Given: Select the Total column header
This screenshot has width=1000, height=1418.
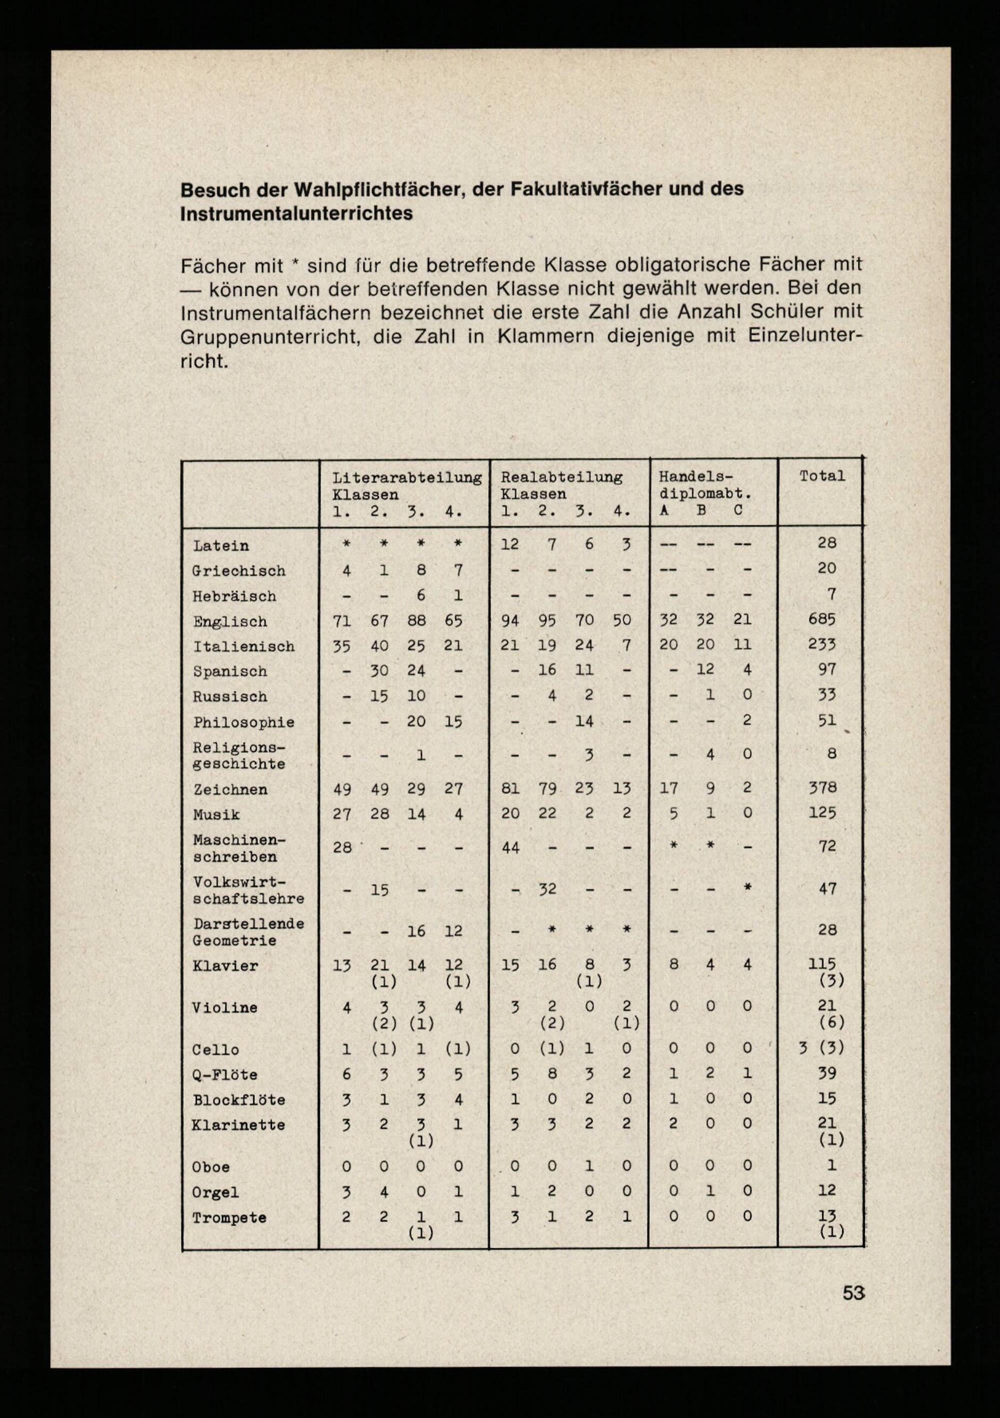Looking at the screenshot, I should (822, 476).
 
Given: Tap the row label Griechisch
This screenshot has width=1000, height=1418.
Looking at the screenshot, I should (238, 571).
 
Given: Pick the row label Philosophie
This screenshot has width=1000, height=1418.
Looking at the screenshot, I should (243, 722).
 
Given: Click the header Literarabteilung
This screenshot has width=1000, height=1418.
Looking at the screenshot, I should (407, 477).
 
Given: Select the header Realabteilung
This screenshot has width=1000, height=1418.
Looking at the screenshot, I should (561, 477).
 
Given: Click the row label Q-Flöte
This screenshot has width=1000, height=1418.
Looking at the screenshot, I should (225, 1074).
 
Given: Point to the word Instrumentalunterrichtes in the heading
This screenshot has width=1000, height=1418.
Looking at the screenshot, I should (296, 213).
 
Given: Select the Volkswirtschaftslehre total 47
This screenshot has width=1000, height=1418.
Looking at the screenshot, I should (827, 888).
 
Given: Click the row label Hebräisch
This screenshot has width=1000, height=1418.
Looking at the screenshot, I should (234, 596).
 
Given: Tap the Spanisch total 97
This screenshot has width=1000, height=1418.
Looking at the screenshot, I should (827, 669).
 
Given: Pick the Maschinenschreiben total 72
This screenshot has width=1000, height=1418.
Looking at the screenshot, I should (827, 846).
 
